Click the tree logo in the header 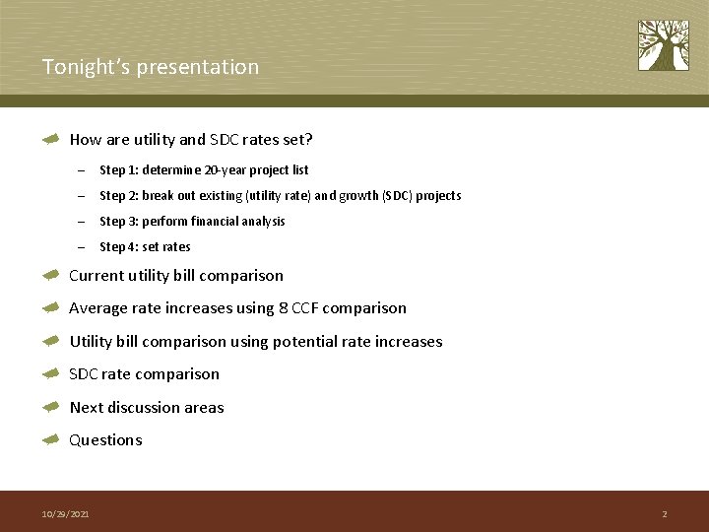[663, 45]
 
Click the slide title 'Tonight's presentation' [151, 67]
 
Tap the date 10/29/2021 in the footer [65, 514]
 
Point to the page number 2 [665, 514]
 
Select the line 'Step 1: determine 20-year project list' [204, 169]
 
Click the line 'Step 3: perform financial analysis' [192, 221]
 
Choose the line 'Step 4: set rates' [145, 246]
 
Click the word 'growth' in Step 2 [356, 195]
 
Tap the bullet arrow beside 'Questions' [52, 440]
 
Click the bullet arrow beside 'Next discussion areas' [52, 407]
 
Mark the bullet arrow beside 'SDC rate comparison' [52, 374]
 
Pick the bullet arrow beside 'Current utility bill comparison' [52, 276]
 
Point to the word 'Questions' [105, 440]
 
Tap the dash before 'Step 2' [81, 196]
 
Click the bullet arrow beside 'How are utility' [52, 140]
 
